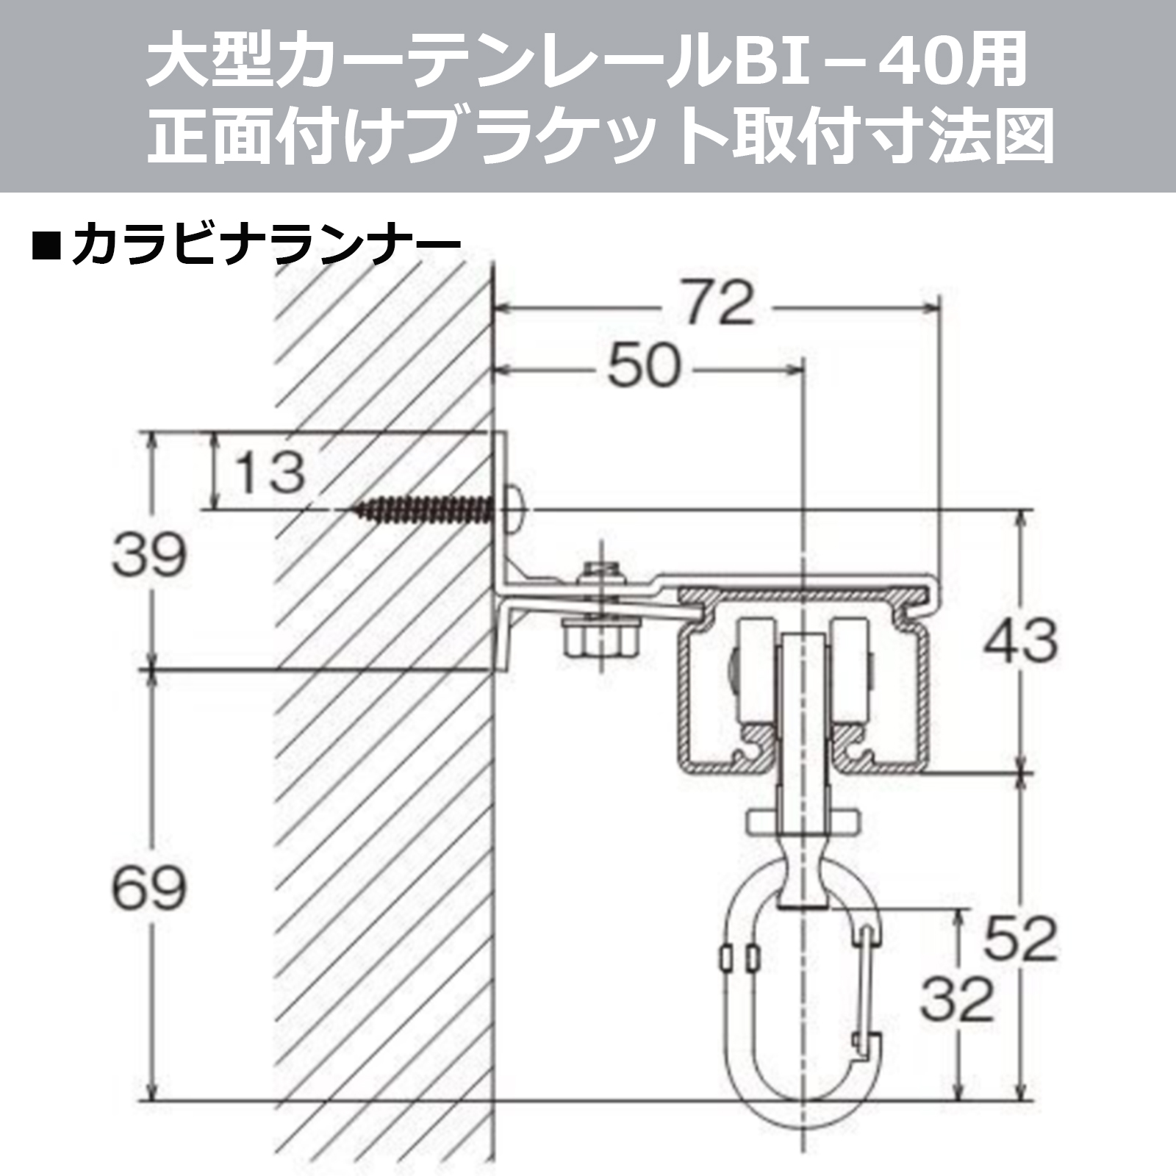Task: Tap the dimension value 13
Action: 270,472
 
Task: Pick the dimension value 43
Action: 1021,639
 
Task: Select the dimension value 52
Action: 1021,940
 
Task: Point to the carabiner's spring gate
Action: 867,985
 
